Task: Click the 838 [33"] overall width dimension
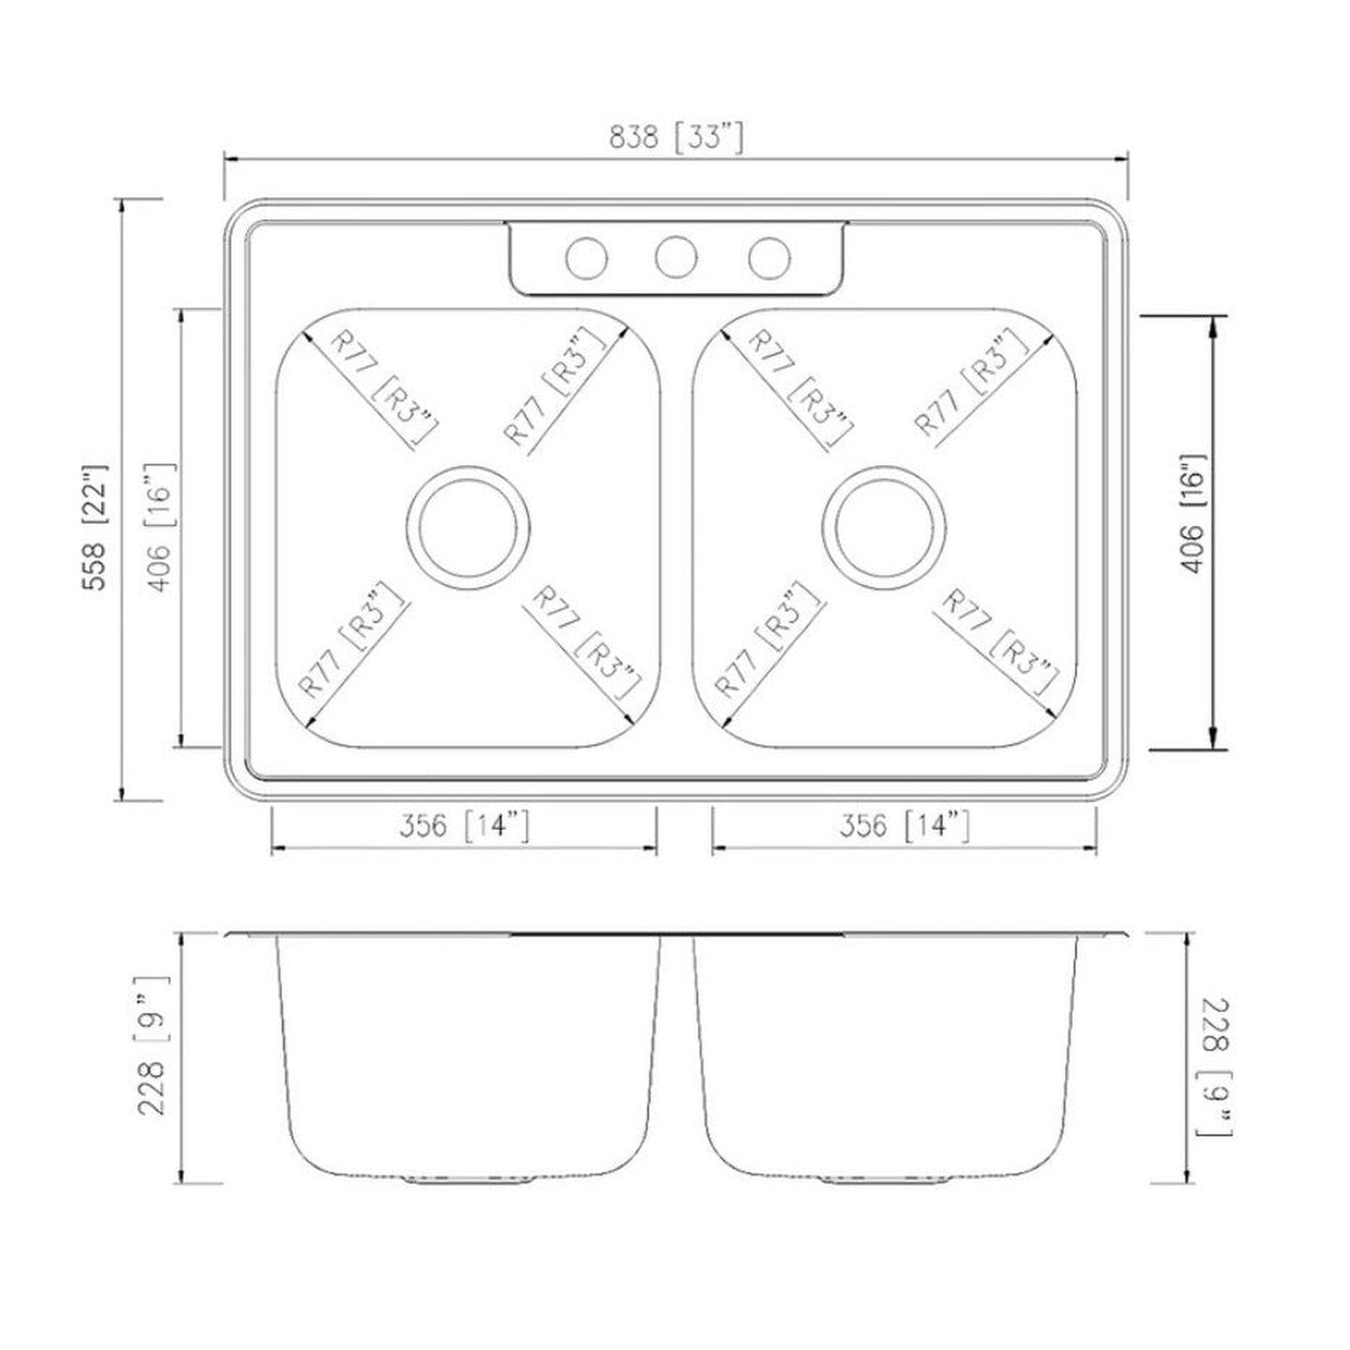[676, 138]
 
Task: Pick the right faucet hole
[769, 257]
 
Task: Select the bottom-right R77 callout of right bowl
[998, 643]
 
